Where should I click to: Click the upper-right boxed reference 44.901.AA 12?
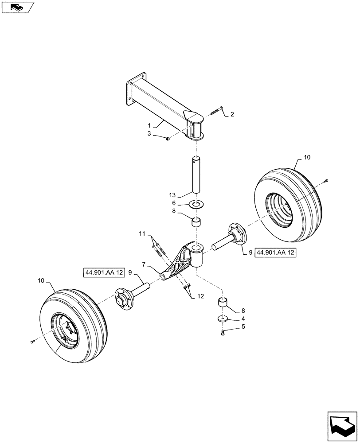point(275,253)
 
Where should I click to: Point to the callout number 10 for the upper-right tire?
point(308,158)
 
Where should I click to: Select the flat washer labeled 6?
point(196,204)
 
